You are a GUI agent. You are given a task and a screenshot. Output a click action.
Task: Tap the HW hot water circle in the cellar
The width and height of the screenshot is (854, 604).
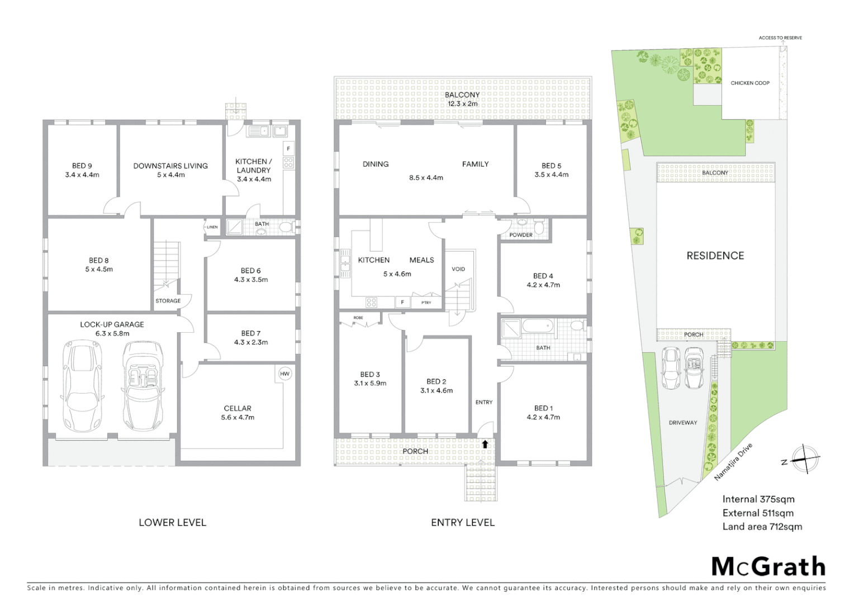coord(284,374)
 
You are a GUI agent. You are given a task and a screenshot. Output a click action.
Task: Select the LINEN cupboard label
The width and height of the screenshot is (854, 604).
coord(212,227)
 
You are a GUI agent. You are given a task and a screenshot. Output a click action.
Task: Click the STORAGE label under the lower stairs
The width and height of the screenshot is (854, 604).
coord(168,301)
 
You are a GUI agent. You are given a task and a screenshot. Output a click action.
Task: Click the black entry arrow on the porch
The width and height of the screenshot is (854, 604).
coord(485,444)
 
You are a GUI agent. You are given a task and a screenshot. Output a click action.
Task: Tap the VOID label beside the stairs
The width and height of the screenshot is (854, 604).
coord(458,269)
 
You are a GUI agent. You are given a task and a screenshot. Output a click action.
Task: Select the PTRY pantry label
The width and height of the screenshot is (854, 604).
coord(426,303)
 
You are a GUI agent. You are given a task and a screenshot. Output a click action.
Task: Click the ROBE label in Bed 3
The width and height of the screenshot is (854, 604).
coord(358,318)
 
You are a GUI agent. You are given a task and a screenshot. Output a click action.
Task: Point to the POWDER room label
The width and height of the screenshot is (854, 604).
coord(521,235)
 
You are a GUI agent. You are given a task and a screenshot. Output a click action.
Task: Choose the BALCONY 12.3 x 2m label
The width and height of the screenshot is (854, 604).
coord(462,99)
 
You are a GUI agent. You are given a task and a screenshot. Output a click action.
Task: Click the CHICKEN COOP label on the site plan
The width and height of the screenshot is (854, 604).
coord(750,83)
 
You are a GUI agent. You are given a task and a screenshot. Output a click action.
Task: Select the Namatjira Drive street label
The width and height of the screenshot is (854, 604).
coord(733,462)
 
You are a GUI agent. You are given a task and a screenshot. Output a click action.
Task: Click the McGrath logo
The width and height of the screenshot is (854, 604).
coord(768,566)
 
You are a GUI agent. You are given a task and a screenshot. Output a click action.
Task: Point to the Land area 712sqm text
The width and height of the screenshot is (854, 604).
coord(762,526)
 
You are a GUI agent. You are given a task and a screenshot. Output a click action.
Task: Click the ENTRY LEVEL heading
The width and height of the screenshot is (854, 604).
coord(463,522)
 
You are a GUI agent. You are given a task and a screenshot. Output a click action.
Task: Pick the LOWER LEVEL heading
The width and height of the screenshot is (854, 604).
coord(173,522)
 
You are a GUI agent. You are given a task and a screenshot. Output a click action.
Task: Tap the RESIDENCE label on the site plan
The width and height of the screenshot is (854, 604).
coord(715,256)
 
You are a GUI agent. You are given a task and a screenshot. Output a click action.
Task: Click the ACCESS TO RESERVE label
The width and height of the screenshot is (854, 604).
coord(780,38)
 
